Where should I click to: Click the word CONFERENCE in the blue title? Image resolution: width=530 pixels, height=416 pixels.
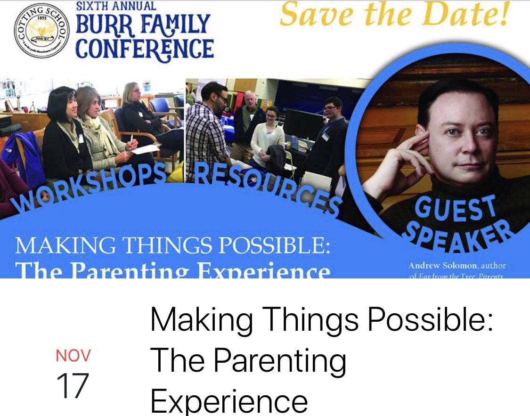point(144,49)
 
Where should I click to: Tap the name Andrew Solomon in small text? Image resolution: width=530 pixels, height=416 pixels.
point(438,266)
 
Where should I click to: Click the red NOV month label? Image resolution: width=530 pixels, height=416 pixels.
point(73,355)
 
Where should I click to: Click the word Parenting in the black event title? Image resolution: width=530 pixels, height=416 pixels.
point(280,362)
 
